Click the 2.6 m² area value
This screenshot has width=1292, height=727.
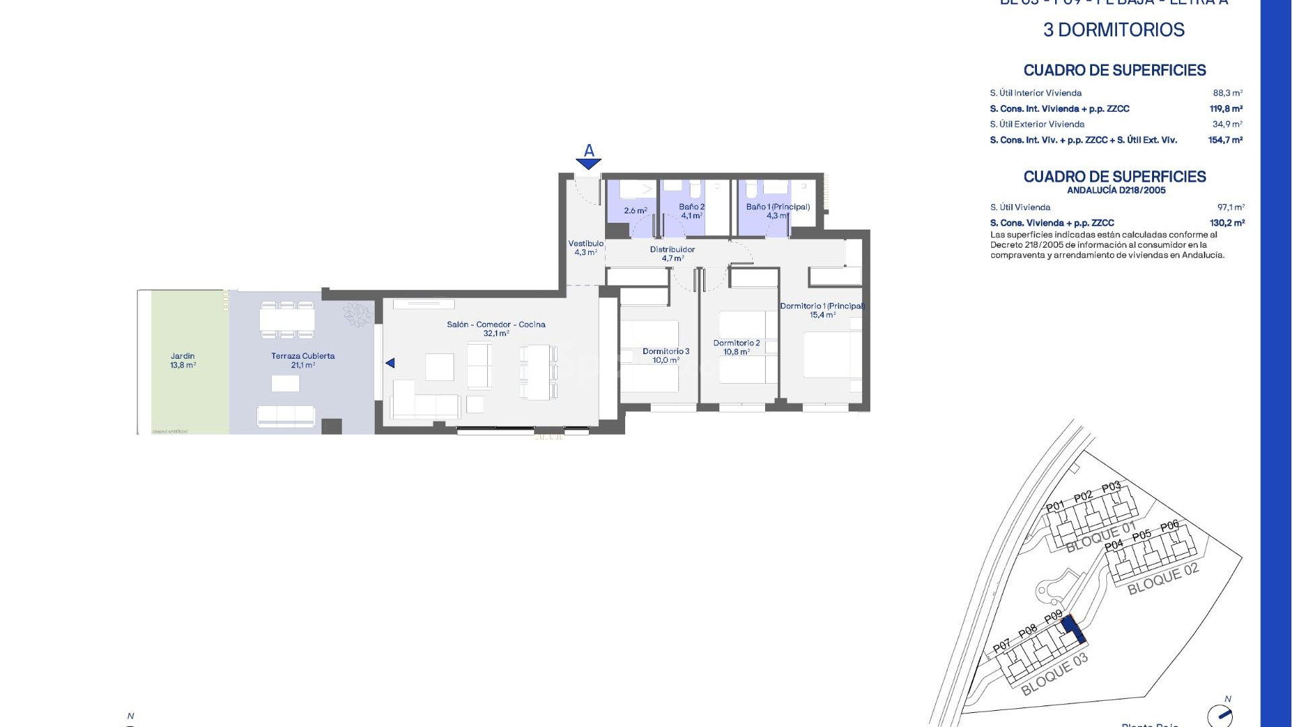(x=635, y=211)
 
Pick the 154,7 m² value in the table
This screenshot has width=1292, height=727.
(x=1225, y=140)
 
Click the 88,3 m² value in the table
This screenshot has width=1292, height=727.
(x=1227, y=93)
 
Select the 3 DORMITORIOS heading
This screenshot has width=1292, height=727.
(x=1114, y=30)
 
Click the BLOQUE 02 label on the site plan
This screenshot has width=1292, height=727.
(x=1163, y=579)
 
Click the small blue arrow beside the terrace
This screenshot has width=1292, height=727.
(x=390, y=363)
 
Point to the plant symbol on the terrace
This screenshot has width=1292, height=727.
(x=357, y=314)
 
